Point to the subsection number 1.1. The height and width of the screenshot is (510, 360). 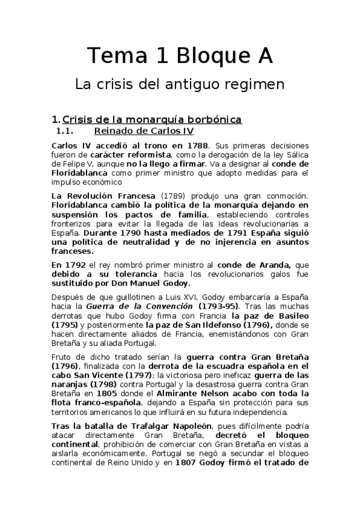(x=64, y=132)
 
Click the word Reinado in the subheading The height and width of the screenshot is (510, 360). (x=115, y=132)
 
